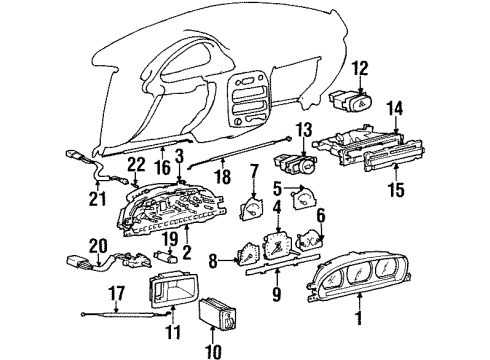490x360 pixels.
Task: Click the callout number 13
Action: coord(304,130)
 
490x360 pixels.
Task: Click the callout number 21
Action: coord(98,200)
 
